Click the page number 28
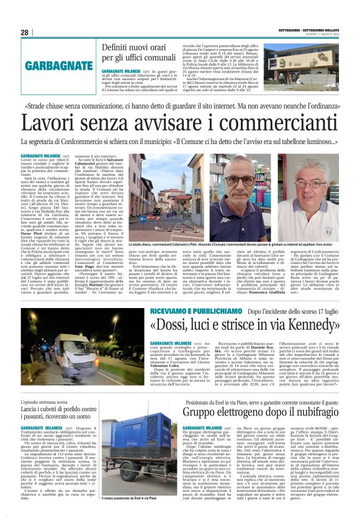coord(24,32)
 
